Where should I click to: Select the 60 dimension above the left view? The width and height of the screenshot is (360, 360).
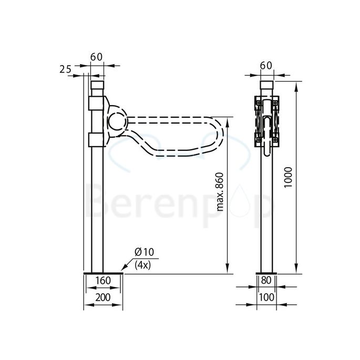(96, 56)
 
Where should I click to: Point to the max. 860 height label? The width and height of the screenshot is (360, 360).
(221, 192)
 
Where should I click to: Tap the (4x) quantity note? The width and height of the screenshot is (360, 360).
(142, 265)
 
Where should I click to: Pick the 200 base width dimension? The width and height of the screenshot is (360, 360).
(103, 298)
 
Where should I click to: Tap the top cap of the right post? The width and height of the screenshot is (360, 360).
(267, 86)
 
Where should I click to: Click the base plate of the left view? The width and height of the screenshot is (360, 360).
(103, 273)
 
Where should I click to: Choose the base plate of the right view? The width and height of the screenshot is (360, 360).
(267, 273)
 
